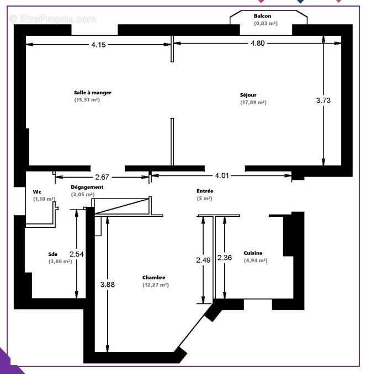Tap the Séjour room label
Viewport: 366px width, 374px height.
tap(248, 95)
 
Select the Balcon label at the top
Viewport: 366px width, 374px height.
tap(263, 15)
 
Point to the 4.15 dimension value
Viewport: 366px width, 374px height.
tap(98, 45)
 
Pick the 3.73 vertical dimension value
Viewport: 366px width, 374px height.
tap(324, 100)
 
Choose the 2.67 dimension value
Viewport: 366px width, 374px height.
tap(102, 177)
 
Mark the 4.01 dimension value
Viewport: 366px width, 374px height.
tap(222, 176)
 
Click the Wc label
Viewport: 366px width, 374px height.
tap(37, 192)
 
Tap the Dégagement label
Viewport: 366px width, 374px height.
tap(87, 187)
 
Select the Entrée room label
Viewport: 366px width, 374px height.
tap(205, 191)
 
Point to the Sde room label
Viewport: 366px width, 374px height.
tap(53, 254)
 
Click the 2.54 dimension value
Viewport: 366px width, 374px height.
tap(77, 254)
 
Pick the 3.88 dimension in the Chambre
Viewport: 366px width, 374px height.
tap(108, 285)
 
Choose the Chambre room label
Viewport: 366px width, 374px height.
tap(154, 277)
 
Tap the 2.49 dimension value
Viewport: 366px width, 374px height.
tap(204, 258)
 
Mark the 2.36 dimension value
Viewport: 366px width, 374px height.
tap(224, 258)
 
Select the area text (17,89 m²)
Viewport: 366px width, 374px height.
tap(253, 103)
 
